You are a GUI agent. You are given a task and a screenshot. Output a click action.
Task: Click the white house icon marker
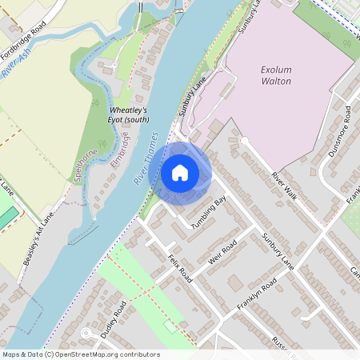(180, 173)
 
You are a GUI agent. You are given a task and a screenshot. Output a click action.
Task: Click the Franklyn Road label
(257, 294)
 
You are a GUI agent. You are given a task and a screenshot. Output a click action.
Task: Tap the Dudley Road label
(113, 318)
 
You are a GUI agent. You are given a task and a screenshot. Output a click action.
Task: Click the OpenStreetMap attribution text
(80, 354)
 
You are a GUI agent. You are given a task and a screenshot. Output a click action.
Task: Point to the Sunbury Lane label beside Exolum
(193, 97)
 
